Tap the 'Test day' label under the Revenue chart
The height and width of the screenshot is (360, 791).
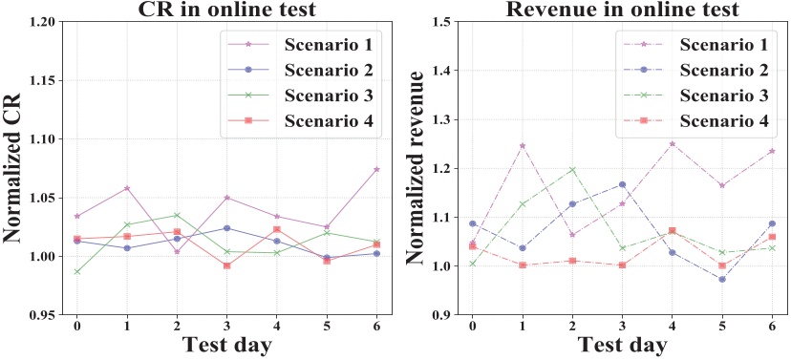[621, 347]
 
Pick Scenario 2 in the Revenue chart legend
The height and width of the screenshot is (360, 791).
[725, 70]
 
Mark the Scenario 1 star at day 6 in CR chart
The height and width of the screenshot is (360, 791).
[377, 169]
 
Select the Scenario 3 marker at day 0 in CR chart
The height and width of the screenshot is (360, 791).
[77, 271]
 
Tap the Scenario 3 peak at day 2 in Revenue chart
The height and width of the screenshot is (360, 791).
[572, 170]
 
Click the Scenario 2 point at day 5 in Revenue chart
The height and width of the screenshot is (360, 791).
[722, 279]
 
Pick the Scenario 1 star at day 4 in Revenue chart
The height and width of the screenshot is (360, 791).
[673, 144]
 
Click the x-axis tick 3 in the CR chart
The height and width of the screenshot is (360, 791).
[227, 326]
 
